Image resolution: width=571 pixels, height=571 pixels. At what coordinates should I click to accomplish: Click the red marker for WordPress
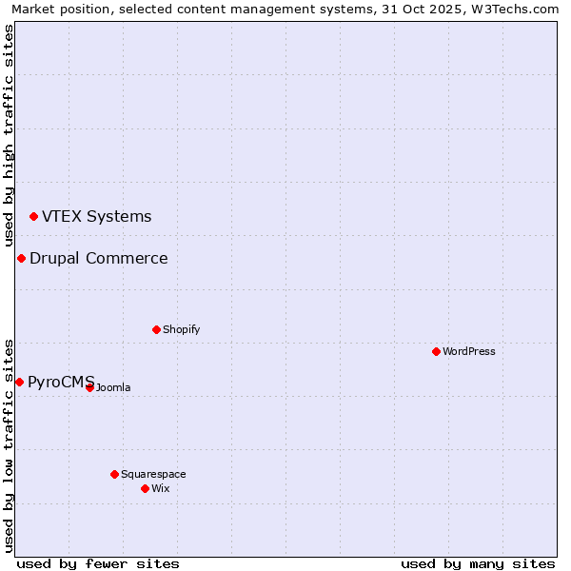click(436, 351)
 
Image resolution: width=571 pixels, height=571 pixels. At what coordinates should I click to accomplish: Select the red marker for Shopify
click(156, 329)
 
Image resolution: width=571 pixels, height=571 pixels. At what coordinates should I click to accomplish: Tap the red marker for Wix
click(145, 488)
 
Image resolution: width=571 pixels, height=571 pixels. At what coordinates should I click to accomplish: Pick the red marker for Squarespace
click(114, 474)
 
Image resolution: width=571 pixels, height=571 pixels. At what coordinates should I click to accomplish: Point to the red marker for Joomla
click(90, 387)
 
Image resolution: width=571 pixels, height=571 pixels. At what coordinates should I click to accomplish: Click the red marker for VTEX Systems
click(33, 217)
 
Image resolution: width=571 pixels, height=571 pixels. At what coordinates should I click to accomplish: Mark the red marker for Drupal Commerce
click(21, 259)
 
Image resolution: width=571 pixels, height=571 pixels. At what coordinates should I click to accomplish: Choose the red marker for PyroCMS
click(19, 382)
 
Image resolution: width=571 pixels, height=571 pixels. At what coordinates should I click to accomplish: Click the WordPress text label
click(469, 351)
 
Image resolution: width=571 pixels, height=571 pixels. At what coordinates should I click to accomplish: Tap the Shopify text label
click(181, 329)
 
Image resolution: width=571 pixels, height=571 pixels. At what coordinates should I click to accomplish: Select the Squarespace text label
click(153, 474)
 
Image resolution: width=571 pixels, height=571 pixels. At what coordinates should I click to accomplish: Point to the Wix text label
click(160, 488)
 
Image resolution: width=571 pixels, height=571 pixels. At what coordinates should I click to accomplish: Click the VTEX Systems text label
click(96, 217)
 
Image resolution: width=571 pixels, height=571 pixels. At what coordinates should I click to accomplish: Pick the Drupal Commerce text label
click(98, 259)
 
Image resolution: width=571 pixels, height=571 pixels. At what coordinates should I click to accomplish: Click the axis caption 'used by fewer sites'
click(98, 563)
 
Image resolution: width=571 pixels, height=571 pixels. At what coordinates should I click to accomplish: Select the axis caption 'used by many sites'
click(478, 563)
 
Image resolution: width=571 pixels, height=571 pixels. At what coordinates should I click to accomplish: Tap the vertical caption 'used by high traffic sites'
click(10, 135)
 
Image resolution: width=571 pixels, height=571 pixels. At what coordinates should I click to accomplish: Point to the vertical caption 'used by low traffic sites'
click(10, 444)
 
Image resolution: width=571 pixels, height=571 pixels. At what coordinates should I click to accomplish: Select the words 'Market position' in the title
click(55, 10)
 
